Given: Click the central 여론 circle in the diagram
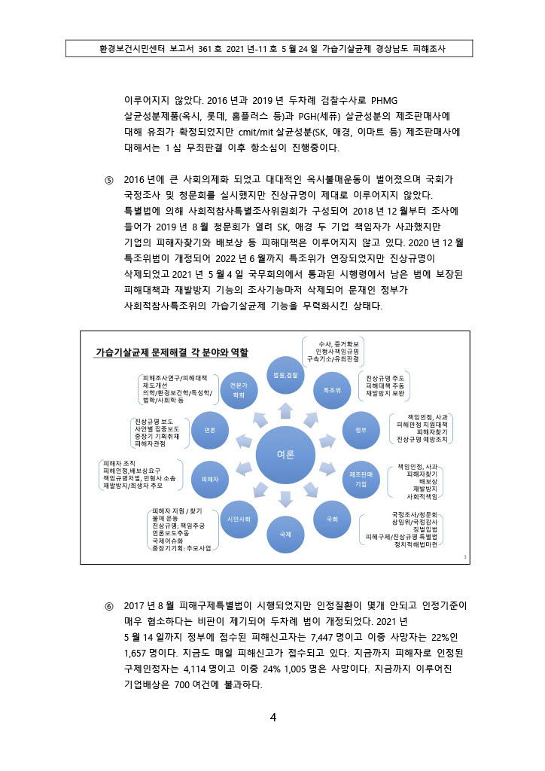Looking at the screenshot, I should [286, 455].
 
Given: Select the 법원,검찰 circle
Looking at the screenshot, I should [286, 375].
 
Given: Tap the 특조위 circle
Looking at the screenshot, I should [332, 390].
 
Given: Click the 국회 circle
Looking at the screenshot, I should [332, 519].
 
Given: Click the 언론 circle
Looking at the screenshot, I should [210, 429].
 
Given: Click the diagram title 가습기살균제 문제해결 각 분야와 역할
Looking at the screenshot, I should [172, 352].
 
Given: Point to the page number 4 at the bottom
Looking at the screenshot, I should [273, 717].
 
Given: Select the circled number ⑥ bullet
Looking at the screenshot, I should [108, 605].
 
